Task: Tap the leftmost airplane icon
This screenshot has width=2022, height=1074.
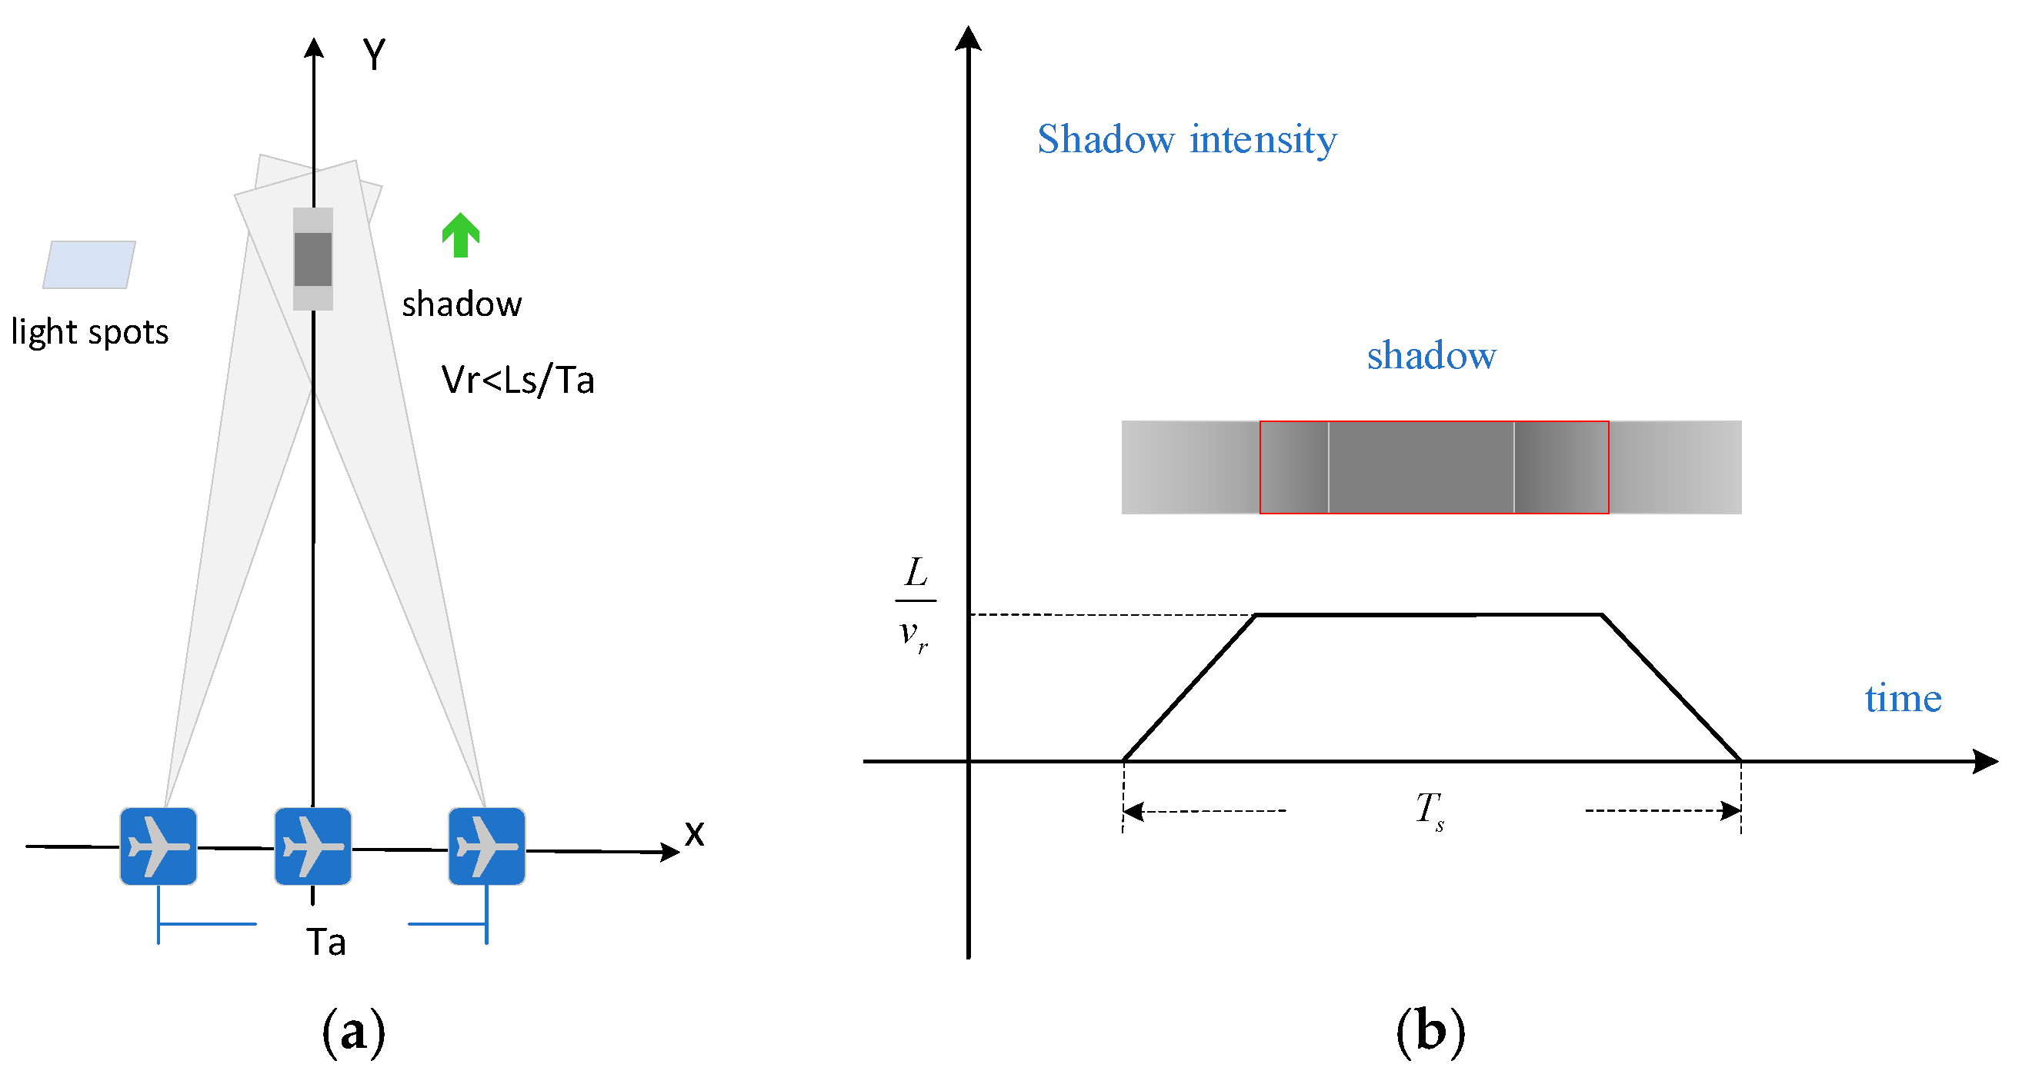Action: pyautogui.click(x=158, y=846)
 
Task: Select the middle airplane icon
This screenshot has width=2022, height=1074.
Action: pyautogui.click(x=313, y=846)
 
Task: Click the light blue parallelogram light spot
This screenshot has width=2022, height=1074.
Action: pyautogui.click(x=88, y=265)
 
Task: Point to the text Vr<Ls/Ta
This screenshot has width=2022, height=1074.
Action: pyautogui.click(x=518, y=381)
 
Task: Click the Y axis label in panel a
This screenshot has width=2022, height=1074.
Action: pyautogui.click(x=375, y=55)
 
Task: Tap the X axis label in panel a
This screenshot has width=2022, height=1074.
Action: pyautogui.click(x=694, y=833)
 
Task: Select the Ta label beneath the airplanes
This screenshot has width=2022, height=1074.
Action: pyautogui.click(x=325, y=943)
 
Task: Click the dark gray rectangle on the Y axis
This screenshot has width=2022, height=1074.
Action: pyautogui.click(x=313, y=259)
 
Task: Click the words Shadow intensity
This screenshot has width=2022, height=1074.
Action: pyautogui.click(x=1187, y=140)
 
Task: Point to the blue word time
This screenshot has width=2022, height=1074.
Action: pyautogui.click(x=1903, y=698)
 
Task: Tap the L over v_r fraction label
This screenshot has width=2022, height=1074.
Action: pyautogui.click(x=916, y=603)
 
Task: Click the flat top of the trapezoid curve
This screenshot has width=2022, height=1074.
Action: pyautogui.click(x=1429, y=615)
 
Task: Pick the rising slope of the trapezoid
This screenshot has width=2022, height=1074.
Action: pyautogui.click(x=1190, y=688)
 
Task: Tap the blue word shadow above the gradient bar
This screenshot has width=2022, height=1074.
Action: pyautogui.click(x=1431, y=355)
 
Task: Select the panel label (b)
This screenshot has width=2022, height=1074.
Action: pyautogui.click(x=1430, y=1031)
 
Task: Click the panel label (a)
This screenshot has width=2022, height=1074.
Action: pyautogui.click(x=353, y=1031)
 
